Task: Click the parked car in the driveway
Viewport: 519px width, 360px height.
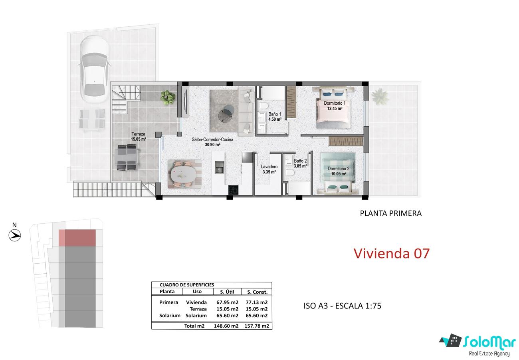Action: click(x=95, y=69)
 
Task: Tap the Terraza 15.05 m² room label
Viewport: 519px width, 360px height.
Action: click(x=138, y=137)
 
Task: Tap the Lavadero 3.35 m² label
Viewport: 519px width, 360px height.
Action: click(x=269, y=169)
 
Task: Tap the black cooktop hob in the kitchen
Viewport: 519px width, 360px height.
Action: click(x=233, y=190)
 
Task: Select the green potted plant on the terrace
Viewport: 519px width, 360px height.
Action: click(x=168, y=97)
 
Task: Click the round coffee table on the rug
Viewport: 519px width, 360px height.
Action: click(x=226, y=113)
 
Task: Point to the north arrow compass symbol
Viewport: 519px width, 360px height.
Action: click(x=15, y=235)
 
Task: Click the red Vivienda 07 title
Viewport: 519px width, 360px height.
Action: click(x=392, y=253)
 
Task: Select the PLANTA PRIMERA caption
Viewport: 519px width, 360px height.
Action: click(x=390, y=213)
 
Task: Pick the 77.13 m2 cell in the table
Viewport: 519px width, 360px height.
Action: click(x=256, y=302)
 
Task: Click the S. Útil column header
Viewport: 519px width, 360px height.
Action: click(x=227, y=292)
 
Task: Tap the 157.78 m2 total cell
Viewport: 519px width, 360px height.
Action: click(x=257, y=326)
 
